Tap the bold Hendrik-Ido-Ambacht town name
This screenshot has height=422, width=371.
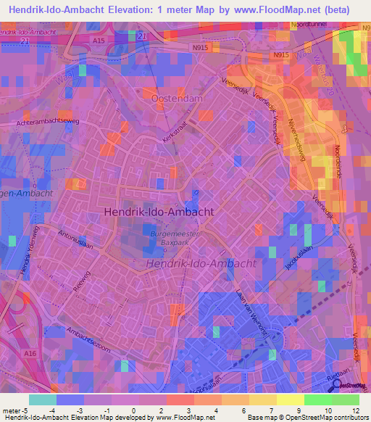point(159,211)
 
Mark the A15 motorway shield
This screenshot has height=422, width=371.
point(99,41)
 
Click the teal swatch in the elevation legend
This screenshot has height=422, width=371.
point(43,400)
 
